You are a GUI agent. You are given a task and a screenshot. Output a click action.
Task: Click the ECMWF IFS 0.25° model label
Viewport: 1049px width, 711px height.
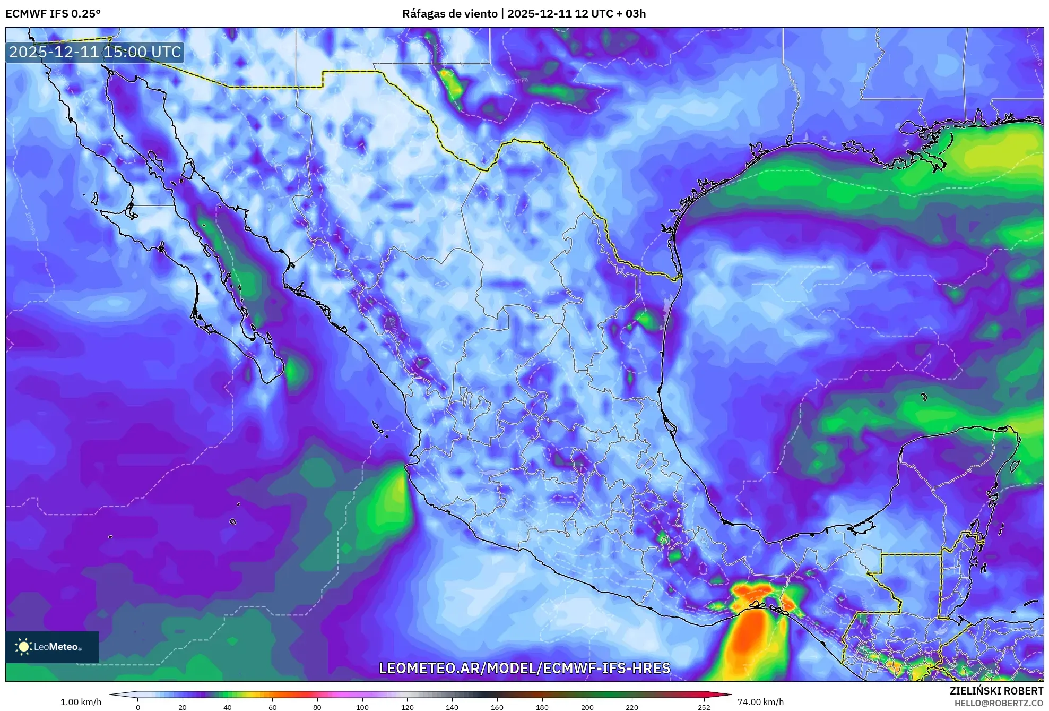click(53, 14)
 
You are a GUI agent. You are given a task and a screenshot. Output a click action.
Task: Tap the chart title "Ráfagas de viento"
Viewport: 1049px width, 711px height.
click(449, 14)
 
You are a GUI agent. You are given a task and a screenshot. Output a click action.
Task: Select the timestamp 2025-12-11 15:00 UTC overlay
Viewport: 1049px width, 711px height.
click(95, 52)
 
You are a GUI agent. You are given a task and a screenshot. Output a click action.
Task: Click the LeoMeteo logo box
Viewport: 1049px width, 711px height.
click(52, 647)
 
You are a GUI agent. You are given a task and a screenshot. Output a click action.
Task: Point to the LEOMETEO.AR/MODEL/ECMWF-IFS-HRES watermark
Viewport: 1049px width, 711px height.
click(524, 668)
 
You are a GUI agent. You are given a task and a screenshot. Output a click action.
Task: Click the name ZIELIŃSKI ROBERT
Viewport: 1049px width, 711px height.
click(996, 691)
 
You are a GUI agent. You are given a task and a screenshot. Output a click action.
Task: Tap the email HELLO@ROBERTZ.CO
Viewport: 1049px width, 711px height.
click(999, 703)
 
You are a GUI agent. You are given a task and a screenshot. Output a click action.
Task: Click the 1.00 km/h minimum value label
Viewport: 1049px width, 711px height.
click(81, 702)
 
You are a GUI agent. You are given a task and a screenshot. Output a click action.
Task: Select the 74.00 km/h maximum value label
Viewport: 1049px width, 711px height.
click(760, 702)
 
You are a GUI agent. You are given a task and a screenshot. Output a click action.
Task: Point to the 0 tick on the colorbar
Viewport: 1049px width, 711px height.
click(138, 707)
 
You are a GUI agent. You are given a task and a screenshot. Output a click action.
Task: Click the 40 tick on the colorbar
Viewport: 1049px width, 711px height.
click(228, 707)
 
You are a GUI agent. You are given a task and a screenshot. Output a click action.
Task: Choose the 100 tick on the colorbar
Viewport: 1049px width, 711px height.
click(362, 707)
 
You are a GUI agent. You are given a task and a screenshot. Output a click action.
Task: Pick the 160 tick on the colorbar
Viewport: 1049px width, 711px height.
click(497, 707)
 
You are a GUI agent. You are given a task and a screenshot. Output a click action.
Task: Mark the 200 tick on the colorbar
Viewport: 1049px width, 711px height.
click(587, 707)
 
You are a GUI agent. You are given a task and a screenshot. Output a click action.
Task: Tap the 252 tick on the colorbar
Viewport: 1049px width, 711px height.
click(704, 707)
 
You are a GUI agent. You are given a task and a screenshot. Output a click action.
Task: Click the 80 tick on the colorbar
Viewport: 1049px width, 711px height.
click(317, 707)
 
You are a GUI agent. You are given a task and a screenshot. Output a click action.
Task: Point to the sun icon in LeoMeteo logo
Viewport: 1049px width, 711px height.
click(24, 646)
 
